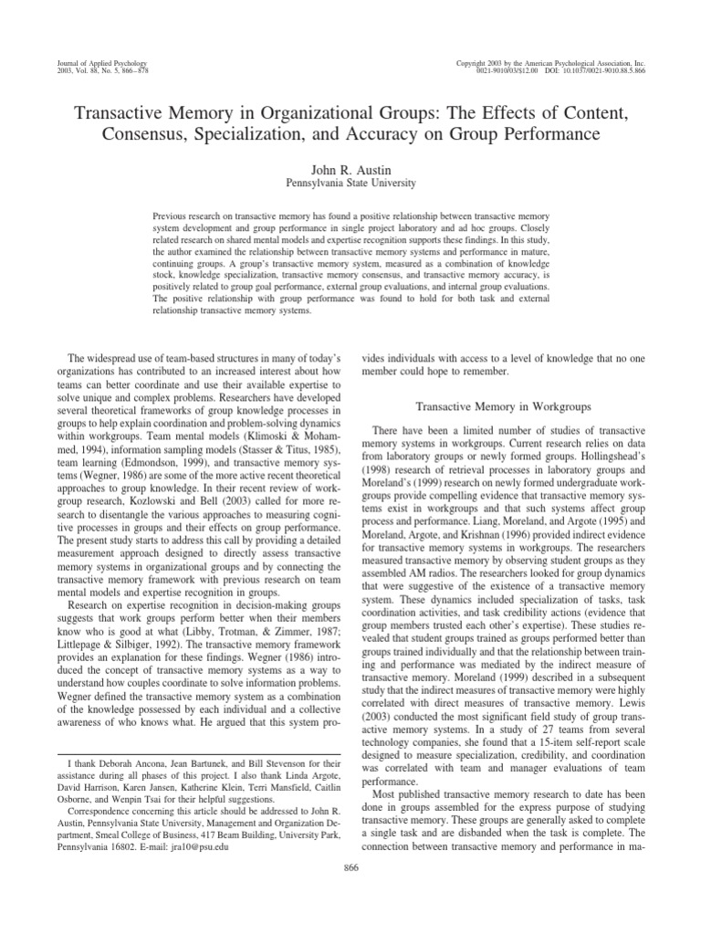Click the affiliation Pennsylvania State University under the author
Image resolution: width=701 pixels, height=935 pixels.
pos(350,183)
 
